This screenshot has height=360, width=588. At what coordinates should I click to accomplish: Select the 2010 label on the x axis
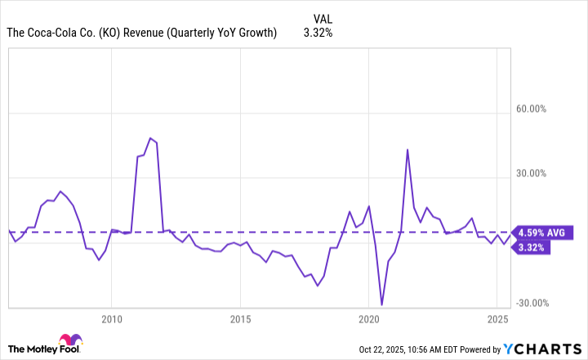112,318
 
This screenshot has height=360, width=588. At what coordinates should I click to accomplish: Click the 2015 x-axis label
240,318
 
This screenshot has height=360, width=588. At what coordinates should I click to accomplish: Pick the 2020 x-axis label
369,318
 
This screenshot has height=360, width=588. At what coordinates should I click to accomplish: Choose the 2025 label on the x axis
497,318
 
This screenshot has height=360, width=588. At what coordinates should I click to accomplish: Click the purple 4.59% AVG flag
540,233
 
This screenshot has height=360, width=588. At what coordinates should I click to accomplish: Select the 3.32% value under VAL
318,33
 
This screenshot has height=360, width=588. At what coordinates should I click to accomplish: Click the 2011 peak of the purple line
150,138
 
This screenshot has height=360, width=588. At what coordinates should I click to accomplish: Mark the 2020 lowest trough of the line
381,304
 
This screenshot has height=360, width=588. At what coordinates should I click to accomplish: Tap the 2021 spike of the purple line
407,149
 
